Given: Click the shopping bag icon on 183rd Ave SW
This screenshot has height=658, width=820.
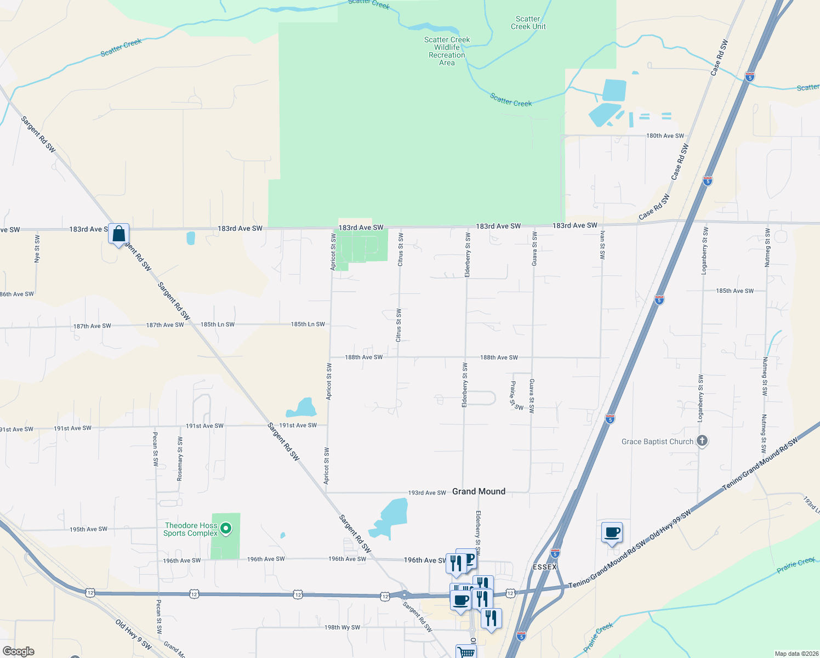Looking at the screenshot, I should (118, 235).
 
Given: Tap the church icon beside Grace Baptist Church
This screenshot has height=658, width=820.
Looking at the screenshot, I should (702, 441).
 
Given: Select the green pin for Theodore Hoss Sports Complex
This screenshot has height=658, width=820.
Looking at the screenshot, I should (225, 529).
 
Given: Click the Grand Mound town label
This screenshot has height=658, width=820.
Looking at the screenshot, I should (479, 491).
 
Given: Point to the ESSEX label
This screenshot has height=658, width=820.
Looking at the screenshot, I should (544, 566).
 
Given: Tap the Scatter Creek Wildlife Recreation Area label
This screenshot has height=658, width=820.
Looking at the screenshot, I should (447, 51).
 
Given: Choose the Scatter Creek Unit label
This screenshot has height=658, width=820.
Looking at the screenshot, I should (528, 22).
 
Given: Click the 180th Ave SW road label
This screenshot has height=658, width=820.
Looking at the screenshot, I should (665, 135).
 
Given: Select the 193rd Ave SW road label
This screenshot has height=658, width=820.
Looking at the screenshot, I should (427, 493).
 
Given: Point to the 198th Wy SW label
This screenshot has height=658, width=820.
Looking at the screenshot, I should (342, 627).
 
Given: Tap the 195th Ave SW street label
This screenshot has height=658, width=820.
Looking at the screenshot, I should (88, 529).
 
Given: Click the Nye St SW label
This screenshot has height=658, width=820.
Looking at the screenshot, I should (37, 249).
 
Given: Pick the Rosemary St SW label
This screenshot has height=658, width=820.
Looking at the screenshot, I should (180, 459).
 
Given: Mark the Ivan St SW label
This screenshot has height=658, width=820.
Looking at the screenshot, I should (602, 245).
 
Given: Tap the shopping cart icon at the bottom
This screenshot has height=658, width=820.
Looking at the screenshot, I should (466, 653).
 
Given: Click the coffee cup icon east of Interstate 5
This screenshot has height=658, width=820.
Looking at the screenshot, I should (612, 532).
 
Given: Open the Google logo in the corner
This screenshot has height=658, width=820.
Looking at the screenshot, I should (18, 651).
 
